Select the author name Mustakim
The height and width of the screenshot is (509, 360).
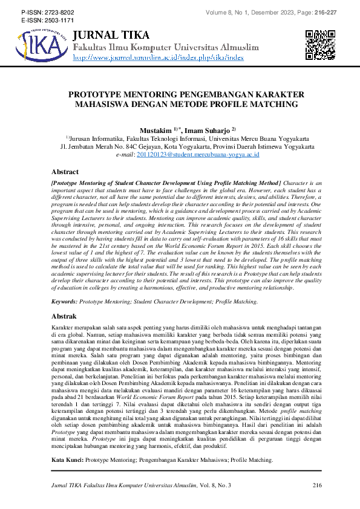pyautogui.click(x=155, y=129)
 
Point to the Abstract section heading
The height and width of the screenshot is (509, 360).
pyautogui.click(x=65, y=172)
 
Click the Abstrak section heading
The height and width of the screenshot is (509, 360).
pyautogui.click(x=64, y=316)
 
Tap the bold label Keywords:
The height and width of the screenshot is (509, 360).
pyautogui.click(x=65, y=300)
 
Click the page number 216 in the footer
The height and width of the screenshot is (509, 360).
pyautogui.click(x=317, y=485)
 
